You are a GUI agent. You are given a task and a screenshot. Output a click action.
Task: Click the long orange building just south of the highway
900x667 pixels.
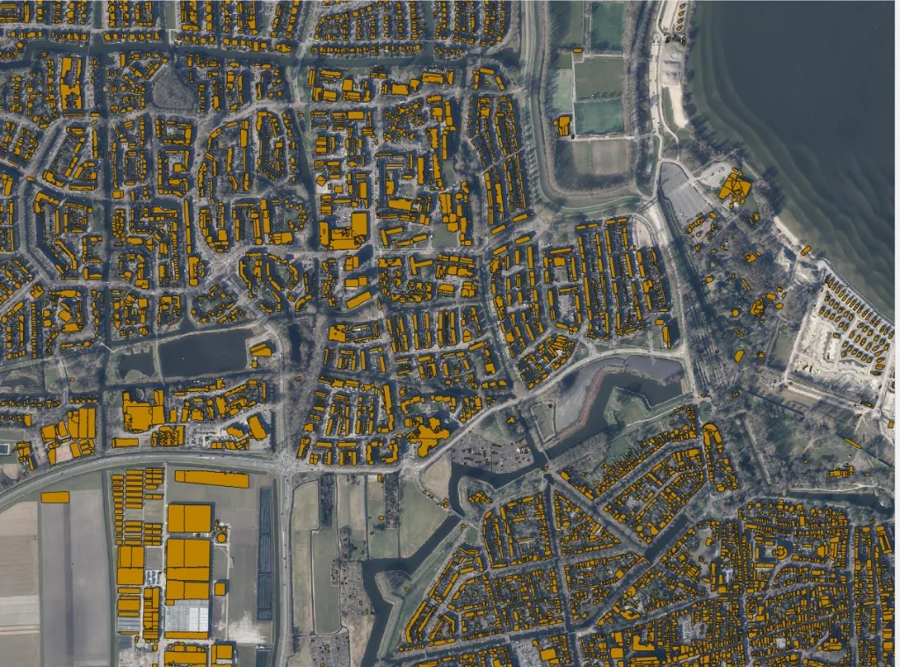point(212,478)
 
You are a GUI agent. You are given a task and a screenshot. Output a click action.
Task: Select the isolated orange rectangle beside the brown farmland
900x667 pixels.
point(54,497)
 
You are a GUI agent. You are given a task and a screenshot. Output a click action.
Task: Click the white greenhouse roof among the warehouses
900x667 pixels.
point(186,618)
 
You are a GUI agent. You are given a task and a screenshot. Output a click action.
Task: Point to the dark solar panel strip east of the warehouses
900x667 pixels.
point(265,554)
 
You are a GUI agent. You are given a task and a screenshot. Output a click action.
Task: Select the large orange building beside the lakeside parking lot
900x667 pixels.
point(734,187)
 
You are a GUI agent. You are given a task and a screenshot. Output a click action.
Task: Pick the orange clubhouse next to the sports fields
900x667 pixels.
point(562,126)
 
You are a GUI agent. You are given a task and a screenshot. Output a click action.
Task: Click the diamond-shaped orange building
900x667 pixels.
point(322,181)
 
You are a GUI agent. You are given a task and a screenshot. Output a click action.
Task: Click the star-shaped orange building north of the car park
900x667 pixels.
point(428,436)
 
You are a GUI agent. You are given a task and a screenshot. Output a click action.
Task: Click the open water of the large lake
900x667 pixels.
point(809,105)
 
